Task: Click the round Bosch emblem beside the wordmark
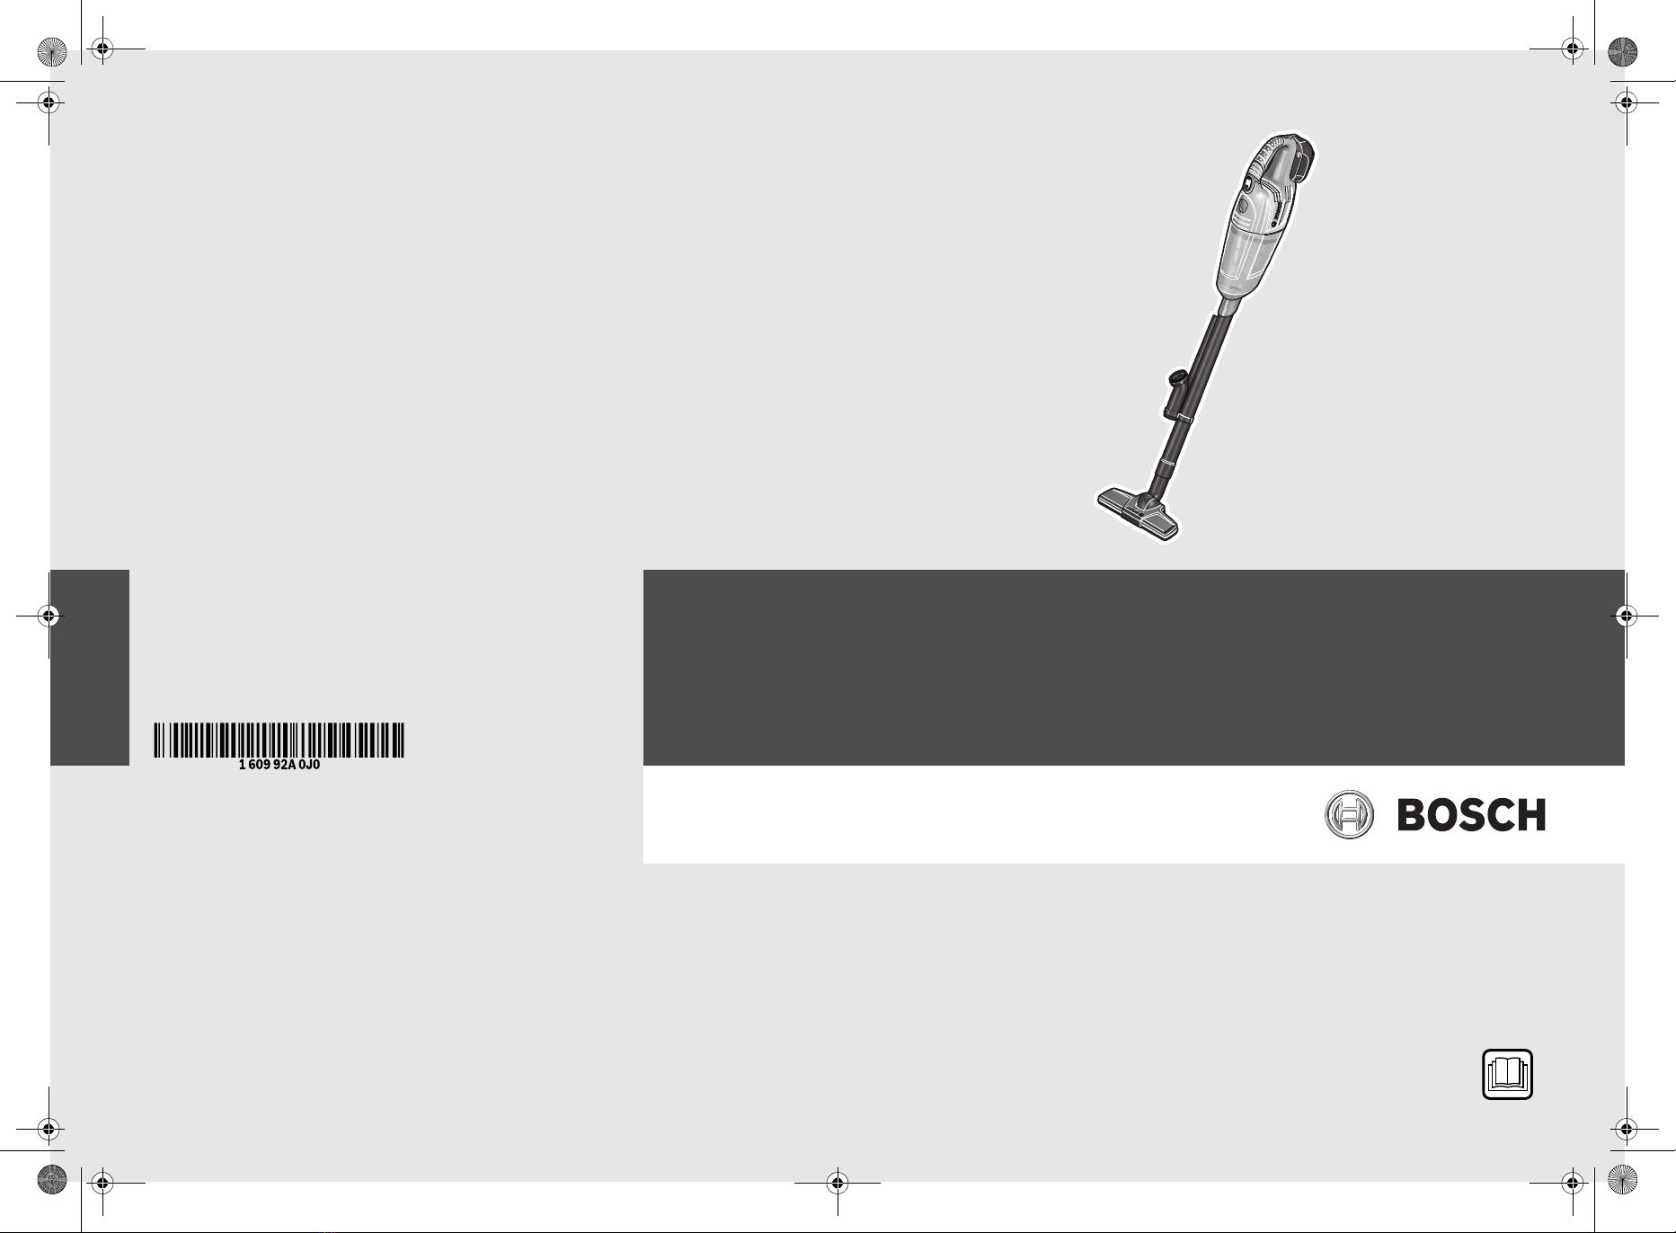click(1350, 815)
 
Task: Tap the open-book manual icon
click(1507, 1074)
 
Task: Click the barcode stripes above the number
click(279, 740)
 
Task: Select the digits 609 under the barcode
click(259, 765)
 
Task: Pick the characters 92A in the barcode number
click(284, 765)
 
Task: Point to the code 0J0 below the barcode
click(309, 765)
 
